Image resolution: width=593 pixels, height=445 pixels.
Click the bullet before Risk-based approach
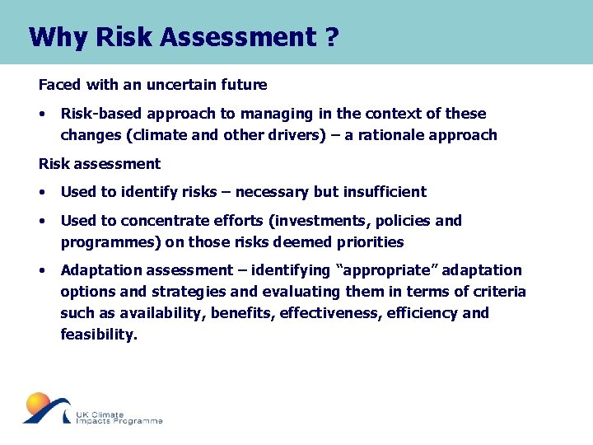42,114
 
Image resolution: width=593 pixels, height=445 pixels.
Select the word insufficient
386,191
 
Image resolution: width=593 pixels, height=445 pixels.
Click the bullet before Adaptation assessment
42,270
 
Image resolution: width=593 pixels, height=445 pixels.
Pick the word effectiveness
345,312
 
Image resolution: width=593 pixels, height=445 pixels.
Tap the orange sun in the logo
38,403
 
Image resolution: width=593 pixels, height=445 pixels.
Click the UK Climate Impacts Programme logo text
118,418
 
